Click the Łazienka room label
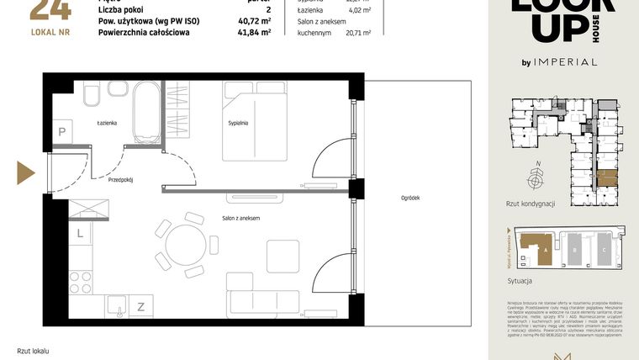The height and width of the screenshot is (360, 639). point(106,123)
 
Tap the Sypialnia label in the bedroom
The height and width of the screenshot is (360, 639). point(239,123)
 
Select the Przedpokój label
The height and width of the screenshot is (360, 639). point(121,179)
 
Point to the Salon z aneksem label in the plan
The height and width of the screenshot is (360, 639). point(240,218)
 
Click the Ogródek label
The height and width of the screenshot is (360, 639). point(410,198)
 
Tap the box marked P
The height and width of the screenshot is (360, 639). point(61,131)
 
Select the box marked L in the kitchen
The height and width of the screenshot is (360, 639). point(80,233)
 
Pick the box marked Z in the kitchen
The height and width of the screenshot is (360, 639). point(140,307)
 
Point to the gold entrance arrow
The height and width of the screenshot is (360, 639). point(25,174)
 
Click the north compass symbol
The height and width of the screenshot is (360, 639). point(535,177)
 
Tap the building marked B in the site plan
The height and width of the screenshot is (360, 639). point(573,250)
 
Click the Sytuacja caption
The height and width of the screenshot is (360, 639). point(521,282)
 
